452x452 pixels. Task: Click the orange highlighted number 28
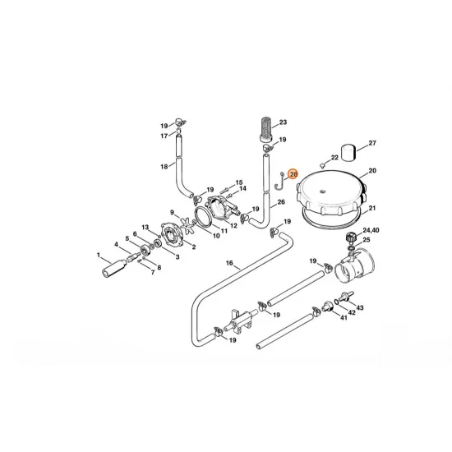[293, 173]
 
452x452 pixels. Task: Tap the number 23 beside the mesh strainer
[283, 122]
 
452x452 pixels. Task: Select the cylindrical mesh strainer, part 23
[265, 129]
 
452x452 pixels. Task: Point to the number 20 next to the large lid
[371, 170]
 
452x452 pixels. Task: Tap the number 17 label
[164, 135]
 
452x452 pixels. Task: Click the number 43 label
[361, 307]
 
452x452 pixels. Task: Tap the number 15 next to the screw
[239, 182]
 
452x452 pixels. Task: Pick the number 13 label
[145, 227]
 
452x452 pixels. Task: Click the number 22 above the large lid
[334, 157]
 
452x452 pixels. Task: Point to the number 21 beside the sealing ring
[371, 208]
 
